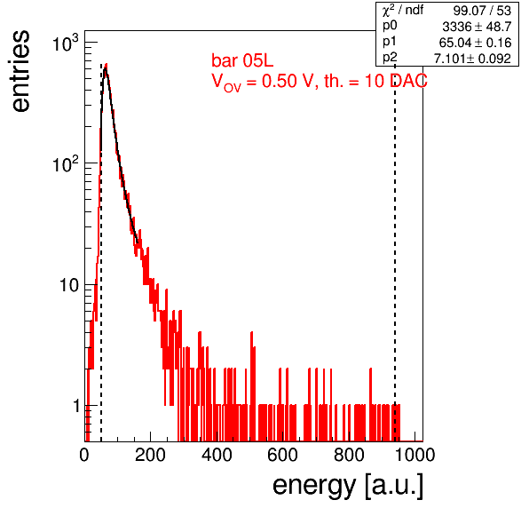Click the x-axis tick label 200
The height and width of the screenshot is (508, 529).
pos(150,455)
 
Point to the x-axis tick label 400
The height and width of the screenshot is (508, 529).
pos(217,455)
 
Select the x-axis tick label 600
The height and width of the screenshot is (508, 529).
pos(283,455)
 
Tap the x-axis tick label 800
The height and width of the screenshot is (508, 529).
pos(349,455)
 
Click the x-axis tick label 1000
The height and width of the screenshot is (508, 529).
pos(415,455)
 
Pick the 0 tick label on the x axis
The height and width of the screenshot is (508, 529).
pos(84,455)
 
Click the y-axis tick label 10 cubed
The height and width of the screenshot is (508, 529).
pos(66,44)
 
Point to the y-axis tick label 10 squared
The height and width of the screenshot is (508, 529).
pos(66,164)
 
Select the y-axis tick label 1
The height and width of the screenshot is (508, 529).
pos(76,406)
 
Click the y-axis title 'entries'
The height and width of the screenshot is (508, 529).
pos(21,71)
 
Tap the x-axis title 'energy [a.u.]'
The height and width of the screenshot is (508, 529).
pos(348,486)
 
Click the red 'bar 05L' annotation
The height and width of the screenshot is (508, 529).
pos(242,60)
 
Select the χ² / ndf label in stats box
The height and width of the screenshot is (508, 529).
pos(403,11)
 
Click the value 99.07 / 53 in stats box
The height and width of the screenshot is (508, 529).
pos(482,11)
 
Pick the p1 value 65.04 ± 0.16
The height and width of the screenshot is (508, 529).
pos(475,43)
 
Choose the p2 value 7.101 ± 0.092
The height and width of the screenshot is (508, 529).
pos(472,59)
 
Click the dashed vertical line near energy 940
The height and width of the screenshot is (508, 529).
pos(395,252)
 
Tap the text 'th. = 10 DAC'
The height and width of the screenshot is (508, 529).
pos(375,81)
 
